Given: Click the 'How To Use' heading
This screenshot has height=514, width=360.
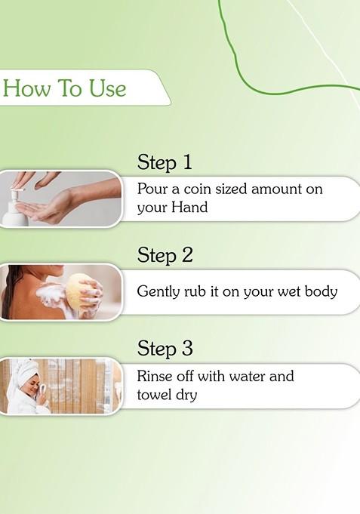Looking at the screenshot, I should tap(64, 89).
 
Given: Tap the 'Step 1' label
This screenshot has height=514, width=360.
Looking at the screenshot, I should tap(165, 162).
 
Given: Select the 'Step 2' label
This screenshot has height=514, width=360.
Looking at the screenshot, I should tap(165, 256).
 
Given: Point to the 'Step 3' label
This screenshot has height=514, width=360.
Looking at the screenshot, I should tap(165, 349).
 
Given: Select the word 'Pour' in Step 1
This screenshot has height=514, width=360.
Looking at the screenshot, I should tap(152, 189).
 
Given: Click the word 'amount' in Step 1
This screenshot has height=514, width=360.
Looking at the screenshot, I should tap(275, 189).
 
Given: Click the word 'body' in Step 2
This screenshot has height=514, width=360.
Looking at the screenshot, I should tap(320, 291).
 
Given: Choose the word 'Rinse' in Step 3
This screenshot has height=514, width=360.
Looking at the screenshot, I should tap(155, 376).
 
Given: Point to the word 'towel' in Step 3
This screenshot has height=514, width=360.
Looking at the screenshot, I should tap(155, 394).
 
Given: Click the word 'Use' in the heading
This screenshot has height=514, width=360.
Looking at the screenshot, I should tap(108, 89).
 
